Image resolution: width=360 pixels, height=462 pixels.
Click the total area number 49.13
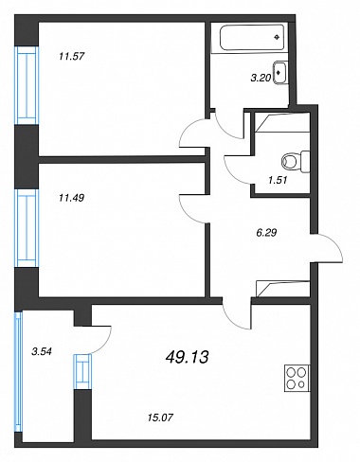[187, 357]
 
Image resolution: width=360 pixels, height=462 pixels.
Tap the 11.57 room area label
[72, 57]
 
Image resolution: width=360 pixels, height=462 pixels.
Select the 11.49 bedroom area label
[71, 198]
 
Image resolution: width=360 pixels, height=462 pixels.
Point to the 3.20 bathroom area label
[261, 78]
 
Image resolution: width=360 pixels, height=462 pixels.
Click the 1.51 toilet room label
[278, 180]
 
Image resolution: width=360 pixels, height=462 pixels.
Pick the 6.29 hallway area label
[266, 233]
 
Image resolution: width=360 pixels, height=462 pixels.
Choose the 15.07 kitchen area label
[160, 418]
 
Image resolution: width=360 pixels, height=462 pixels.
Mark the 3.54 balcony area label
[42, 351]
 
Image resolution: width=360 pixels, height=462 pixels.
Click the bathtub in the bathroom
[252, 37]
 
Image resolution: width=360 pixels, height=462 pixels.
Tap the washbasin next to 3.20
[280, 73]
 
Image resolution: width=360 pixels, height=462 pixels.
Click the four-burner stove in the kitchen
[297, 379]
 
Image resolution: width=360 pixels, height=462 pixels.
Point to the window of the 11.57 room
[27, 85]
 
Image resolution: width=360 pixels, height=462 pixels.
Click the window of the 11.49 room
[27, 228]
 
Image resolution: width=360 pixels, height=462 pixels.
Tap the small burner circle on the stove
[301, 384]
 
